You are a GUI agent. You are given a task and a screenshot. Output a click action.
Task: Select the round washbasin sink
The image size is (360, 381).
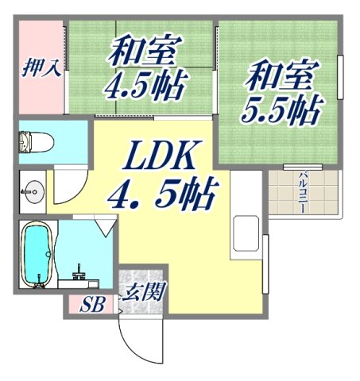pyautogui.click(x=33, y=190)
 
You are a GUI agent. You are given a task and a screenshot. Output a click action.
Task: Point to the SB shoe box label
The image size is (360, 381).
pyautogui.click(x=91, y=305)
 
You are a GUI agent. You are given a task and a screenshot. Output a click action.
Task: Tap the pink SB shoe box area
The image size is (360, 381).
pyautogui.click(x=91, y=305)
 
